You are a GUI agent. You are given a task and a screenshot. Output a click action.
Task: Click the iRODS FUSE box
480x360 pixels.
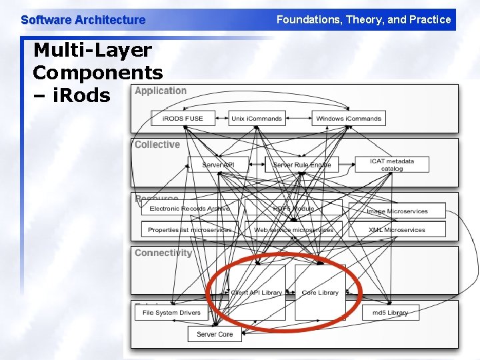pyautogui.click(x=183, y=119)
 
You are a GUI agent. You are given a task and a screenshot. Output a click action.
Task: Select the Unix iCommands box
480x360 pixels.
pyautogui.click(x=257, y=119)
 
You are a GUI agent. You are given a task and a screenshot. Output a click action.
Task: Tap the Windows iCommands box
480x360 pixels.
pyautogui.click(x=349, y=119)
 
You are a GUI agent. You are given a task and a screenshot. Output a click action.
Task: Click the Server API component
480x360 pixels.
pyautogui.click(x=218, y=165)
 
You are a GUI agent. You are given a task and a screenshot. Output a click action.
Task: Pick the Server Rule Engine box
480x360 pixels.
pyautogui.click(x=301, y=165)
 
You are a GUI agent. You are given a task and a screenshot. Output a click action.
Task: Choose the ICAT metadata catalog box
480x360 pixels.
pyautogui.click(x=392, y=165)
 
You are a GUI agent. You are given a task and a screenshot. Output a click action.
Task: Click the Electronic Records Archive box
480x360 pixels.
pyautogui.click(x=189, y=209)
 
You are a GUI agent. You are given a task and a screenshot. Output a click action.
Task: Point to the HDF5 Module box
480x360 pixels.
pyautogui.click(x=294, y=209)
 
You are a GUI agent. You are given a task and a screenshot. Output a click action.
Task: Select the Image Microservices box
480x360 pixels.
pyautogui.click(x=397, y=211)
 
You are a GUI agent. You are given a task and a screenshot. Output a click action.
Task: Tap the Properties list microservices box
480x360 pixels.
pyautogui.click(x=189, y=230)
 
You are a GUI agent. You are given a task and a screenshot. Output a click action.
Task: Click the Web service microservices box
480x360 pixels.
pyautogui.click(x=294, y=230)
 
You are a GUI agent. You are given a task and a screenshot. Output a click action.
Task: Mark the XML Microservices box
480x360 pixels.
pyautogui.click(x=397, y=230)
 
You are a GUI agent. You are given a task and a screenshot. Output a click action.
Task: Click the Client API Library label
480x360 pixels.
pyautogui.click(x=256, y=293)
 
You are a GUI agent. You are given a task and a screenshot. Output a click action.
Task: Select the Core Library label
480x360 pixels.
pyautogui.click(x=320, y=293)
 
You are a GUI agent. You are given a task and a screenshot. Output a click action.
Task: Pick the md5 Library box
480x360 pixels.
pyautogui.click(x=390, y=312)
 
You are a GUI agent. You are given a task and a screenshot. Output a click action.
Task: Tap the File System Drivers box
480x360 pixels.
pyautogui.click(x=171, y=312)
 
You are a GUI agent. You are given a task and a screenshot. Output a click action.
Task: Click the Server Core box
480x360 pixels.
pyautogui.click(x=215, y=334)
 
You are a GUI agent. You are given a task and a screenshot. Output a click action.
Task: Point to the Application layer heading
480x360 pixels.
pyautogui.click(x=161, y=91)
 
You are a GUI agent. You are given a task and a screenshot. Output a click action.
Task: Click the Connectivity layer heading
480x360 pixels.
pyautogui.click(x=163, y=253)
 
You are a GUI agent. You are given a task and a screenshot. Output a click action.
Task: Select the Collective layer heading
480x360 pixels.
pyautogui.click(x=157, y=145)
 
